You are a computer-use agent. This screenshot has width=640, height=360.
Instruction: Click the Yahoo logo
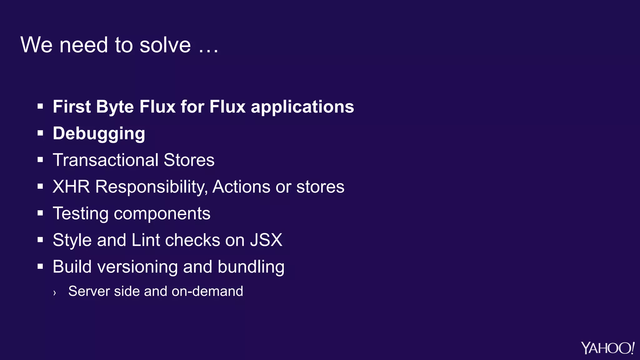607,348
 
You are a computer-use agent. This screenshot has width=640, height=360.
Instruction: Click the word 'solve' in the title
165,45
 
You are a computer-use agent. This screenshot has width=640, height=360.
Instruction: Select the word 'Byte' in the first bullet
115,107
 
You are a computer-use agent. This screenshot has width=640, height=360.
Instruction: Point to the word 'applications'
302,107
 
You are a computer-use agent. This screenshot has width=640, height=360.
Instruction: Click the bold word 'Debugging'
99,134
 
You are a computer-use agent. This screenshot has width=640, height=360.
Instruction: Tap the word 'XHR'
71,187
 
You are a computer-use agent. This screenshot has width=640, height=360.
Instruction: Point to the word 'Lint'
146,240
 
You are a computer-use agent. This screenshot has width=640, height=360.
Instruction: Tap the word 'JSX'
266,240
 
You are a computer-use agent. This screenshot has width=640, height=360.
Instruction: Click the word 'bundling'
251,267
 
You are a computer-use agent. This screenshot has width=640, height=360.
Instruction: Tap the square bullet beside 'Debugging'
40,133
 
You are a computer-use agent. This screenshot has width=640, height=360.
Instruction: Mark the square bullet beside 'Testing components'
40,213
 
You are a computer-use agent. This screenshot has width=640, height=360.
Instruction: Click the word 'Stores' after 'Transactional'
189,160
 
